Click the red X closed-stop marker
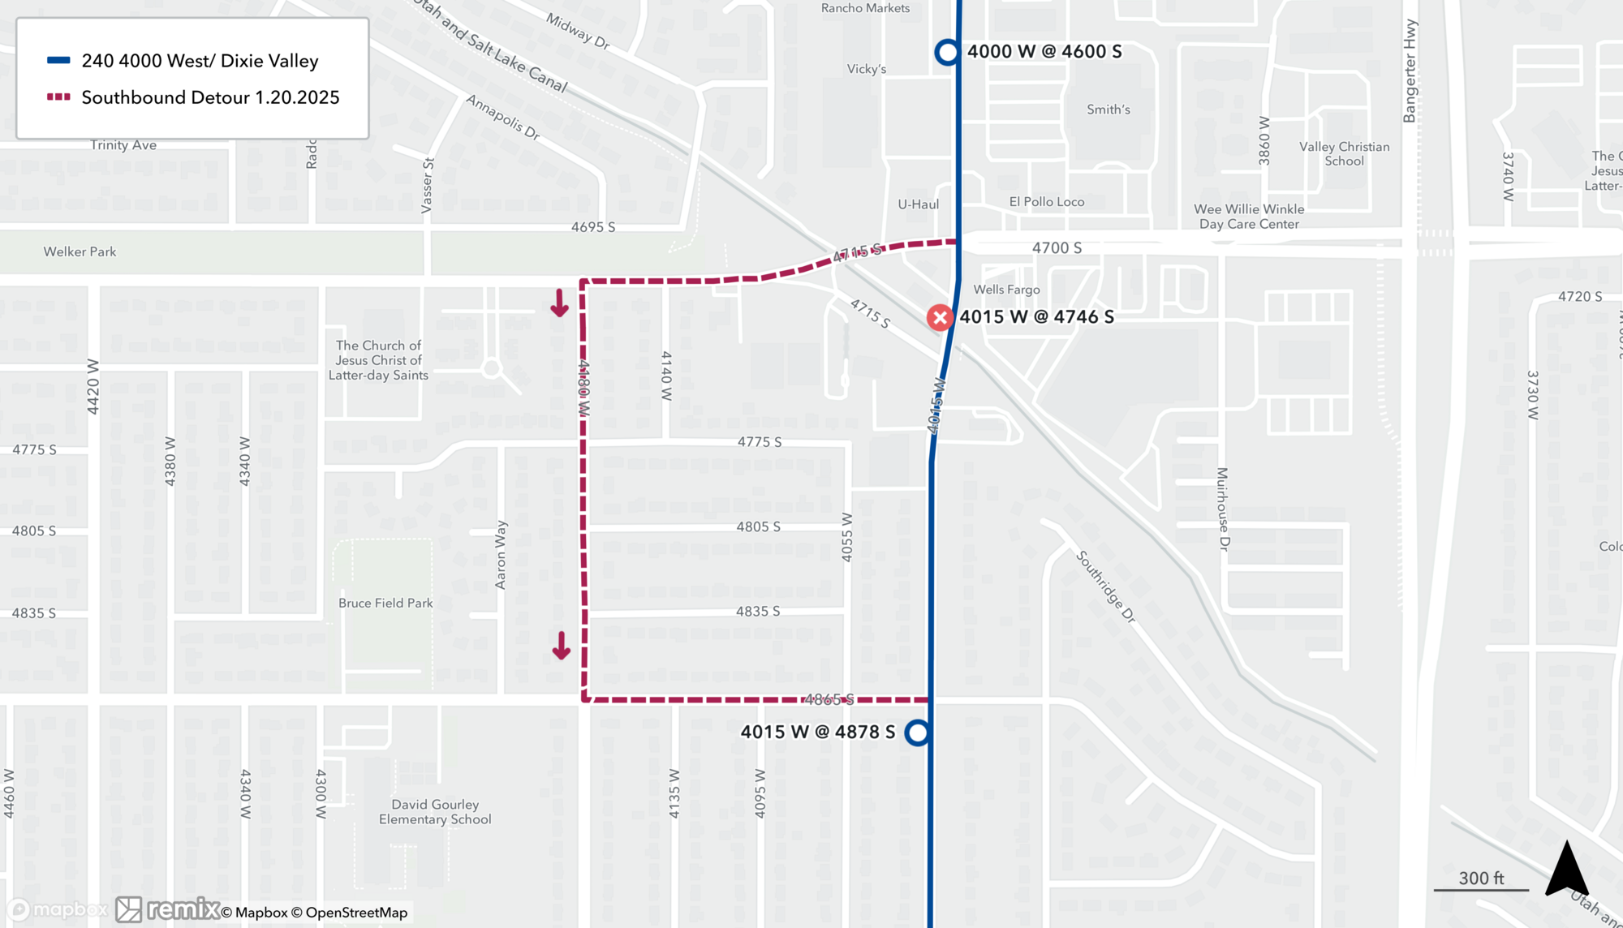940,317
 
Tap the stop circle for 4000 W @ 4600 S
947,52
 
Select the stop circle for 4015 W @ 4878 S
917,733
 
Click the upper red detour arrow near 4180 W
559,303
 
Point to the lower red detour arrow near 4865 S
561,647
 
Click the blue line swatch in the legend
58,61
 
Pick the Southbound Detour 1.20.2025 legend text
210,97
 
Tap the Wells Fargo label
1006,290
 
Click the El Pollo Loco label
1046,202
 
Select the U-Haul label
918,204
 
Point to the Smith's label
1108,110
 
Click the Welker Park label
80,251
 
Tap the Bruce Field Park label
385,603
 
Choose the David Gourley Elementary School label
435,812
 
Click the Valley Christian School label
1344,153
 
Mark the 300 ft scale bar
1481,889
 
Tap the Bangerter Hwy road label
1410,71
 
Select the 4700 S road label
1057,247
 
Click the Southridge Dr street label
1105,586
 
